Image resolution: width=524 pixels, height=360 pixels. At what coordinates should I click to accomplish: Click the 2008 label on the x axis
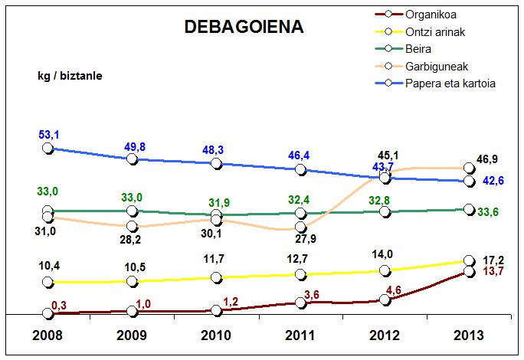(x=47, y=336)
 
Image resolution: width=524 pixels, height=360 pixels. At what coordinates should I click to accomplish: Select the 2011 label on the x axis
(x=301, y=336)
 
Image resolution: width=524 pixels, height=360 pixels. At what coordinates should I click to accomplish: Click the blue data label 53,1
(x=49, y=135)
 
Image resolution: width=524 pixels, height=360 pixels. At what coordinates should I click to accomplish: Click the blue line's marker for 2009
(x=132, y=159)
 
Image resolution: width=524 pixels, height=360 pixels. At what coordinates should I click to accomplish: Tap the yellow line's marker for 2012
(x=385, y=270)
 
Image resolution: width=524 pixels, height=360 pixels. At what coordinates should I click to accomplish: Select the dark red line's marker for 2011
(x=301, y=303)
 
